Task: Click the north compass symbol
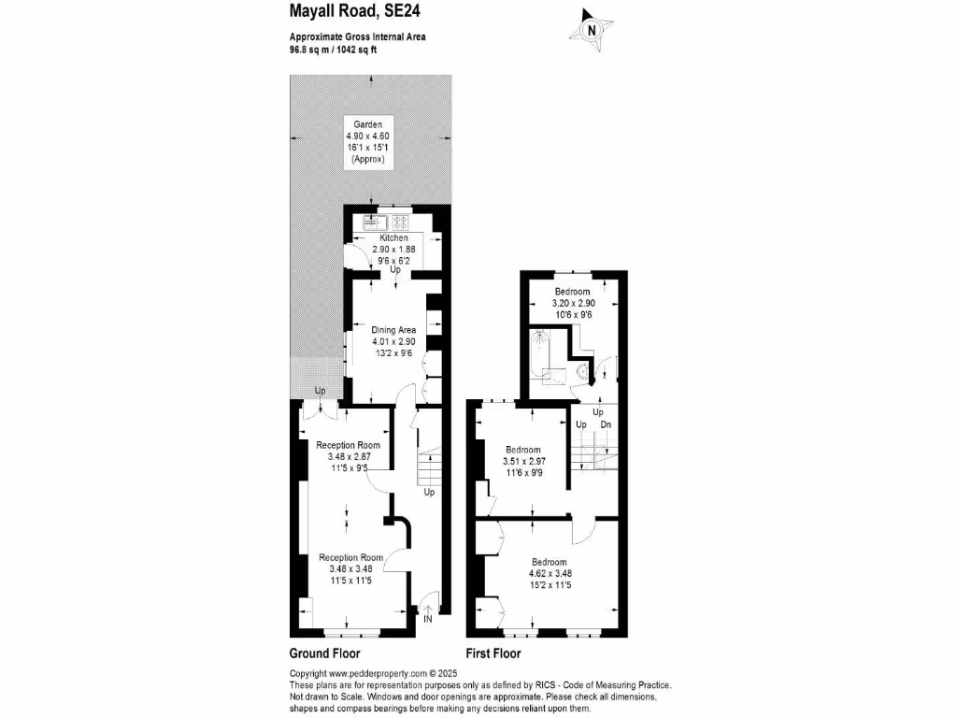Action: pos(591,29)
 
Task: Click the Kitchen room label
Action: pos(393,238)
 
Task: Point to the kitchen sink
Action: pos(376,223)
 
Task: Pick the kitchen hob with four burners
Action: pos(401,223)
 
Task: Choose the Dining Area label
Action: pos(393,330)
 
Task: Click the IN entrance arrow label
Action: pos(428,618)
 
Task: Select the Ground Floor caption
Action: pos(324,653)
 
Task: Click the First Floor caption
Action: pos(493,653)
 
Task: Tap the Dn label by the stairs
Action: pos(606,425)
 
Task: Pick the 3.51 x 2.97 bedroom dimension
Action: pos(523,461)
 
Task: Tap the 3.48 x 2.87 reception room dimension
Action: pos(349,456)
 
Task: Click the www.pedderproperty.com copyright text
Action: pos(373,673)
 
